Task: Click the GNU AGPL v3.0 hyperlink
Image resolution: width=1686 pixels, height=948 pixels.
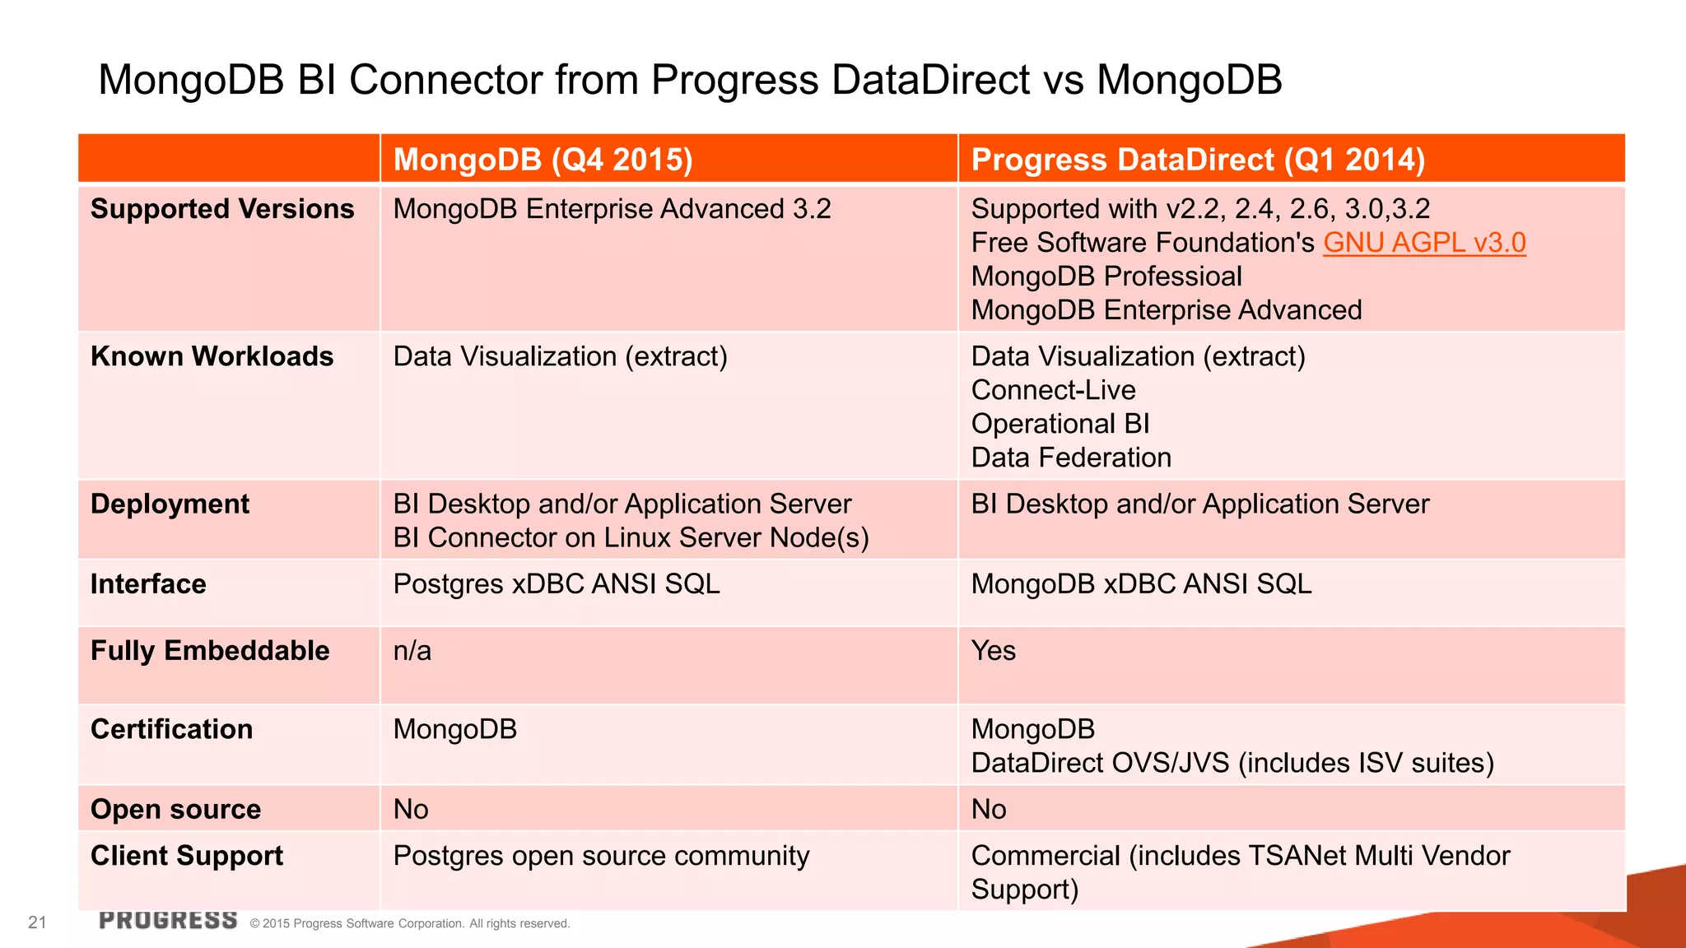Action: [1423, 243]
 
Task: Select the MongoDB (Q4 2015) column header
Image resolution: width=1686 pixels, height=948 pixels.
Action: [543, 159]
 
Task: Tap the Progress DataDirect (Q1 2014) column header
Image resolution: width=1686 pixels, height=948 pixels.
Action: [1197, 159]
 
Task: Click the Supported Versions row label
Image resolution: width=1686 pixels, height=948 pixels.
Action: [222, 209]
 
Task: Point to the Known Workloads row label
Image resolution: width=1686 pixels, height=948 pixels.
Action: [212, 356]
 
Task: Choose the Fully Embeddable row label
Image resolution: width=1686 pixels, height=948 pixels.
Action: [210, 651]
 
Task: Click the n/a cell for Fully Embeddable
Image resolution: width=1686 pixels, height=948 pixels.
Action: [412, 651]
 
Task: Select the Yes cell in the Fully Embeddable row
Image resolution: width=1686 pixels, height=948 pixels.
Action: [993, 651]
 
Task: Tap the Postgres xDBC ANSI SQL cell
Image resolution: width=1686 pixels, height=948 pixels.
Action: [557, 584]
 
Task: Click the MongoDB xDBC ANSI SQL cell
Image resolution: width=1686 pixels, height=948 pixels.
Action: [1141, 584]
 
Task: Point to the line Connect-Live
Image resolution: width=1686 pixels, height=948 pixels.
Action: [1053, 390]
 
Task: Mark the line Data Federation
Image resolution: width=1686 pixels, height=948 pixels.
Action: [1070, 458]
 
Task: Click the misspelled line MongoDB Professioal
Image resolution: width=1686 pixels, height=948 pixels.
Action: [1106, 276]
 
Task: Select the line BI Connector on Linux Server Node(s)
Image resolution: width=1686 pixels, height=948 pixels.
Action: [631, 538]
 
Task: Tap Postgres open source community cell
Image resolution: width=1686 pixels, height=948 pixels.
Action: [601, 856]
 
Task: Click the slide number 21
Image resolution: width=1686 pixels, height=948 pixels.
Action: [37, 922]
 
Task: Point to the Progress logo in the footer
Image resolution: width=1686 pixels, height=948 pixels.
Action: [168, 920]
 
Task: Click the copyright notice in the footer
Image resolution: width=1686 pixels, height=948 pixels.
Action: [409, 923]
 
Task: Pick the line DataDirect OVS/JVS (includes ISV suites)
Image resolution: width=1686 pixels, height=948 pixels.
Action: [1232, 763]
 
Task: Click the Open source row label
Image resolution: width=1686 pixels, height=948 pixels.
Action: [175, 810]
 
